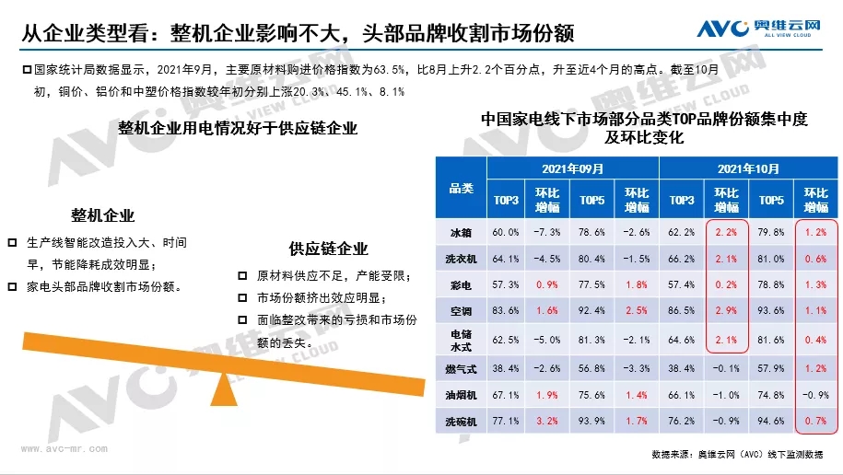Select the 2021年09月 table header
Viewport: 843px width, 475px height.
click(571, 169)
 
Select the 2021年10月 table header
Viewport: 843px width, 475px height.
click(748, 169)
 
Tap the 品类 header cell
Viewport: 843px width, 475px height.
click(461, 188)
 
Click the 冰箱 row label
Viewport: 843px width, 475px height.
click(461, 231)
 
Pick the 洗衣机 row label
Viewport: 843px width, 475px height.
click(461, 259)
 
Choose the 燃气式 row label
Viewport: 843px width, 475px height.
click(461, 368)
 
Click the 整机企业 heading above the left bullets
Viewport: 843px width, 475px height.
click(103, 216)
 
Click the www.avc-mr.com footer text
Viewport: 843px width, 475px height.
click(64, 449)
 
